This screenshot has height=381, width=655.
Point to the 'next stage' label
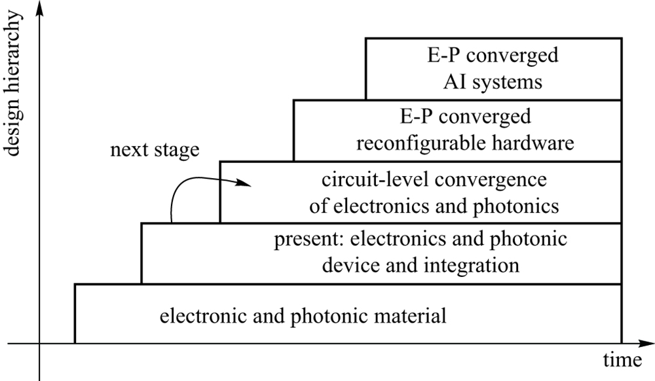tap(155, 150)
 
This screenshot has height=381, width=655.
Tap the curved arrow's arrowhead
tap(245, 183)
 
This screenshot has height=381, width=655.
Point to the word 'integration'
tap(474, 266)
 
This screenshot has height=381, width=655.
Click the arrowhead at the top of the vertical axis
tap(41, 7)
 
